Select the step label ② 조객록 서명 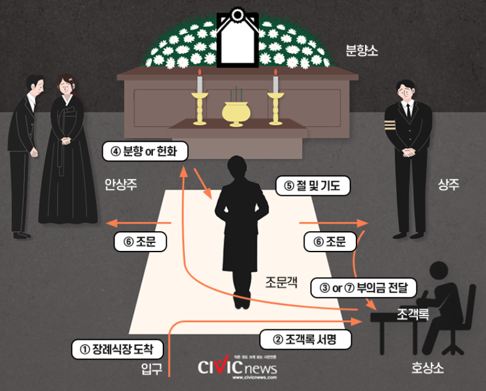305,339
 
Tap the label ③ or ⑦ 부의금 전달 364,286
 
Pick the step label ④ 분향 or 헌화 145,152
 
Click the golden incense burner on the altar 235,112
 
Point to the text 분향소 362,51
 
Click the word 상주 448,185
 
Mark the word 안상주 120,185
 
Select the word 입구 152,368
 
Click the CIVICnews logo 237,367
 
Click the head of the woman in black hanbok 66,85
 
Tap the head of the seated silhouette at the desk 443,272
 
